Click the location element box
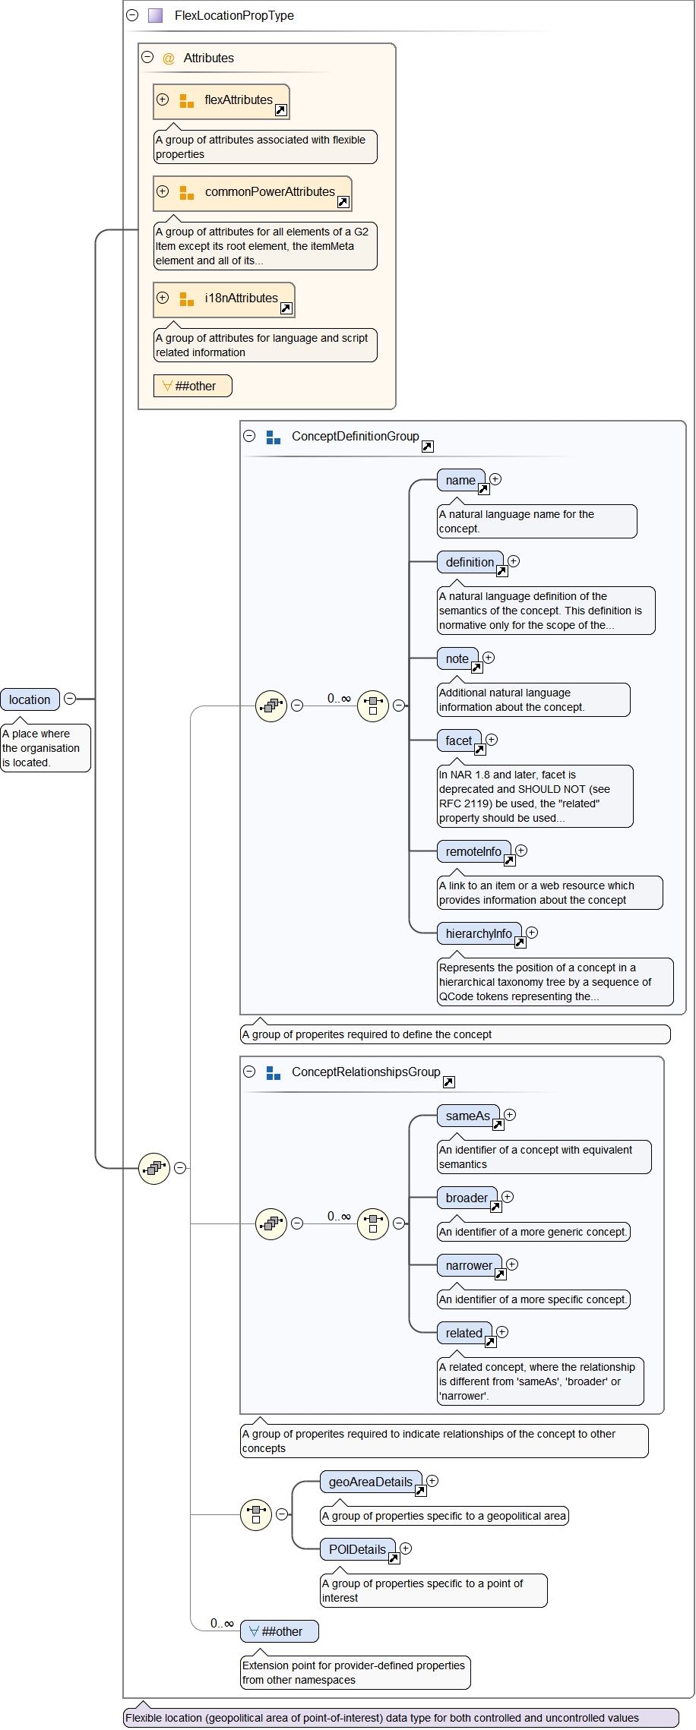pos(30,699)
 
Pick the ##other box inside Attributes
pos(193,386)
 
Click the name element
pos(460,480)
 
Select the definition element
pos(470,562)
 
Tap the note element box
pos(457,658)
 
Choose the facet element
pos(459,740)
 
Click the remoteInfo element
pos(473,851)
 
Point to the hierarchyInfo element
pos(479,933)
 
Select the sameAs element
pos(468,1116)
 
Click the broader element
pos(467,1198)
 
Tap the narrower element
pos(469,1265)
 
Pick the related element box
pos(463,1333)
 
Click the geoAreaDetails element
pos(371,1482)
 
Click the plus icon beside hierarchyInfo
pos(532,933)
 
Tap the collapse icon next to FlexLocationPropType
pos(132,15)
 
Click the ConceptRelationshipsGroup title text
pos(365,1072)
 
